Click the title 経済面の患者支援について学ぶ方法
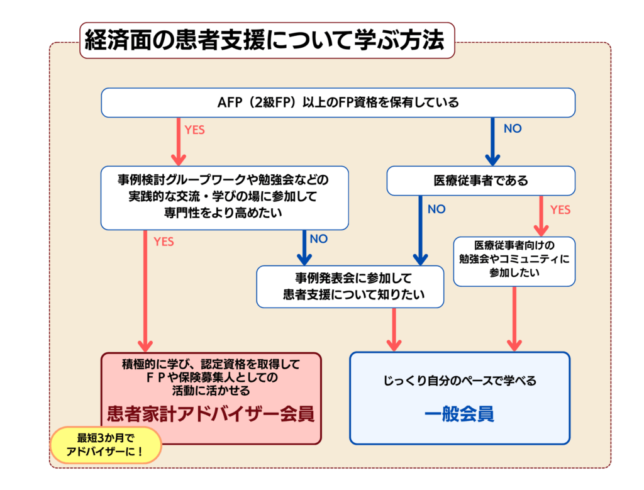pyautogui.click(x=266, y=41)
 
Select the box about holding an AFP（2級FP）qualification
pyautogui.click(x=338, y=103)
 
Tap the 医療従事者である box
pyautogui.click(x=480, y=181)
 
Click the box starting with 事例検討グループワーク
pyautogui.click(x=224, y=197)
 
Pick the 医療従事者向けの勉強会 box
pyautogui.click(x=514, y=259)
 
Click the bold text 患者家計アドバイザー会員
pyautogui.click(x=211, y=415)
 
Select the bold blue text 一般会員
pyautogui.click(x=458, y=415)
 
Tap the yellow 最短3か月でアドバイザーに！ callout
pyautogui.click(x=106, y=444)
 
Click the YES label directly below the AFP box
pyautogui.click(x=194, y=130)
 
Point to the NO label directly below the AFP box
pyautogui.click(x=513, y=129)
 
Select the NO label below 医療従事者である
pyautogui.click(x=436, y=209)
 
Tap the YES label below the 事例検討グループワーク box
pyautogui.click(x=164, y=242)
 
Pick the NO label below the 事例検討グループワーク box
pyautogui.click(x=319, y=239)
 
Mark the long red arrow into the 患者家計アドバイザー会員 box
pyautogui.click(x=146, y=289)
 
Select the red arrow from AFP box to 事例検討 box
pyautogui.click(x=178, y=142)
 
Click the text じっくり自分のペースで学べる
pyautogui.click(x=459, y=381)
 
